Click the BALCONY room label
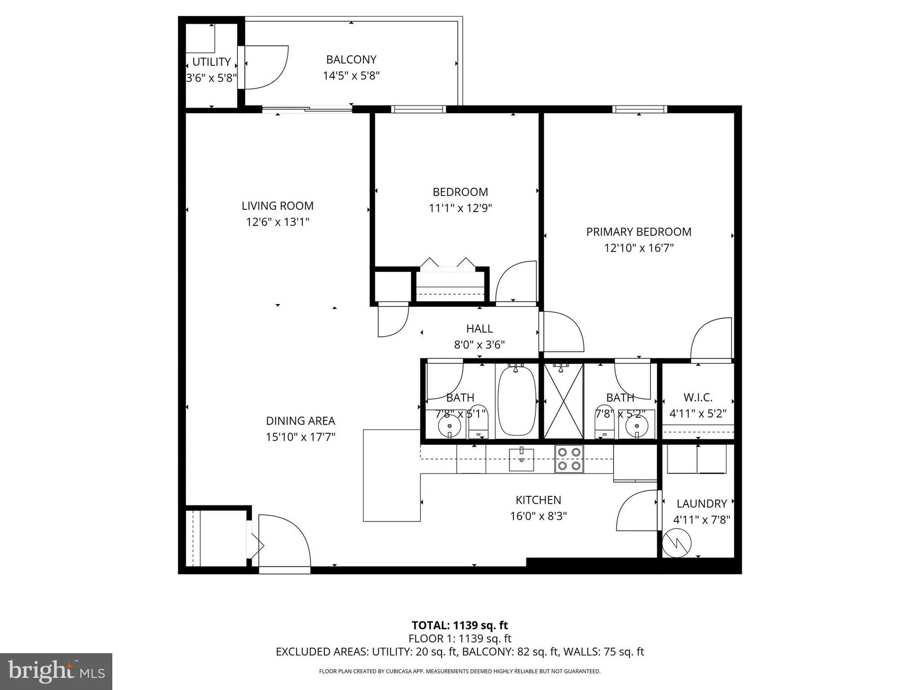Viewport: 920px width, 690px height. click(x=351, y=60)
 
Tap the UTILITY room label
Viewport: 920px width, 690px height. click(x=211, y=62)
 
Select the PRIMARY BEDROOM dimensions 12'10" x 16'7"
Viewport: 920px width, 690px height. click(x=638, y=248)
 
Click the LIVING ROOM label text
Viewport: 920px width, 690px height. click(x=277, y=206)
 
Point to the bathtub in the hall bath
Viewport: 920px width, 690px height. click(x=517, y=400)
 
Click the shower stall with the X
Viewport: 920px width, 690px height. click(x=563, y=401)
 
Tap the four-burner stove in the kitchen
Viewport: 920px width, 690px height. click(x=569, y=459)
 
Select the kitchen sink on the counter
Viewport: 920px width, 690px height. click(x=521, y=460)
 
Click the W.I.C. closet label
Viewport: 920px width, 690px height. click(x=697, y=397)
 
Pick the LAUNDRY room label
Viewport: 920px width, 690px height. click(x=701, y=504)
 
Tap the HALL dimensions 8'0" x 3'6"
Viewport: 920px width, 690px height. click(x=479, y=345)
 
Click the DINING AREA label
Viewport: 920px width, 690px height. click(x=300, y=421)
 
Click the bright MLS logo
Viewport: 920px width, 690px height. click(x=56, y=672)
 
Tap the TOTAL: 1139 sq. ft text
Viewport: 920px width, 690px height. click(x=460, y=626)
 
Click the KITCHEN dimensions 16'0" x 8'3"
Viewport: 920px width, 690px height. click(x=538, y=516)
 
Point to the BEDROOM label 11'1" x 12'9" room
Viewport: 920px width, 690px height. click(x=460, y=192)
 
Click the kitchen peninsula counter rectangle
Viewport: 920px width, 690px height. click(x=391, y=475)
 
